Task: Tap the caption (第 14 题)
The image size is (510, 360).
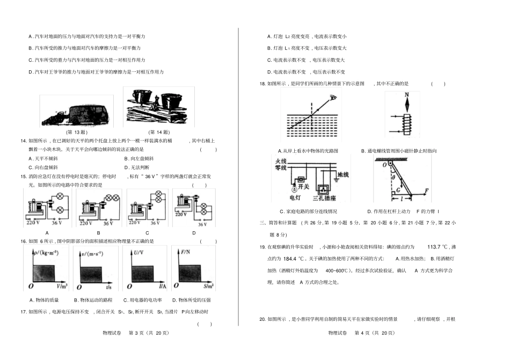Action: pos(159,132)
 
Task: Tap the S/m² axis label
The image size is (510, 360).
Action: pos(207,287)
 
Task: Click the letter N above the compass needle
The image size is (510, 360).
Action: pos(407,94)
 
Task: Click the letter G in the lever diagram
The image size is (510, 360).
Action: pos(397,190)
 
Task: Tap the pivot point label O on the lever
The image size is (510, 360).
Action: pos(384,165)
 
